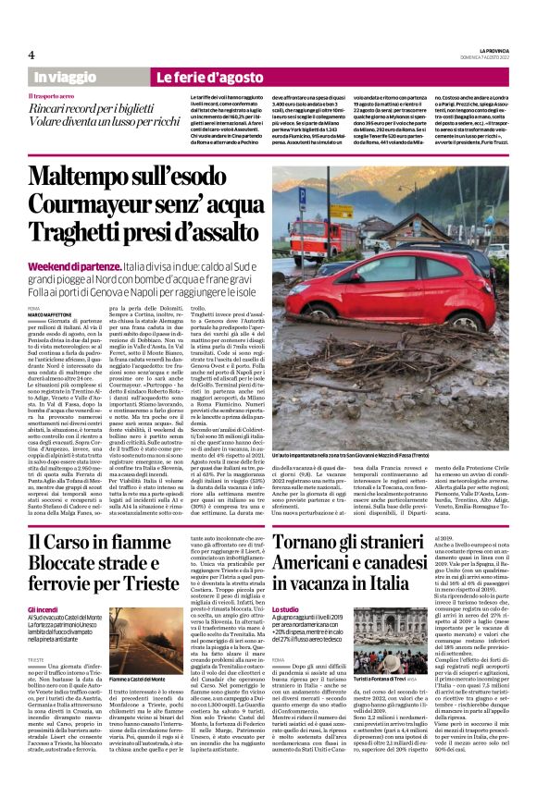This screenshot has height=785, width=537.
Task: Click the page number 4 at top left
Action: coord(31,55)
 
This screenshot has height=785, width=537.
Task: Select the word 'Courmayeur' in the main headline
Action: coord(93,208)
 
